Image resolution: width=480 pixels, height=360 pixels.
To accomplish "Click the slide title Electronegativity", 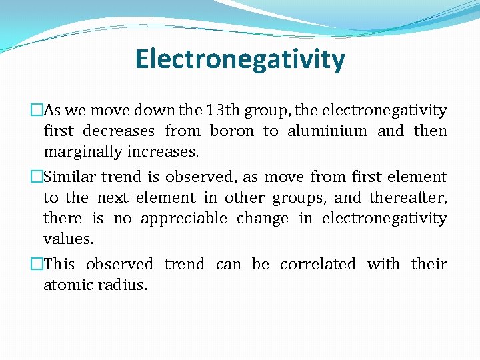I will (x=240, y=59).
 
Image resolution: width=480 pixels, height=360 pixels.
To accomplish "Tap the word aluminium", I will (x=327, y=131).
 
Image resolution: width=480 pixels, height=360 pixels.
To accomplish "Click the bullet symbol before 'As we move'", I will (x=37, y=111).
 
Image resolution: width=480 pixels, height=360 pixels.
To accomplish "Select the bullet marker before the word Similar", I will (x=37, y=177).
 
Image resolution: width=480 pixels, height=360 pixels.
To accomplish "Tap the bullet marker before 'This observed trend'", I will (x=37, y=265).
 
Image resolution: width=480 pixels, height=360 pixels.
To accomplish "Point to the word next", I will (x=111, y=198).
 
